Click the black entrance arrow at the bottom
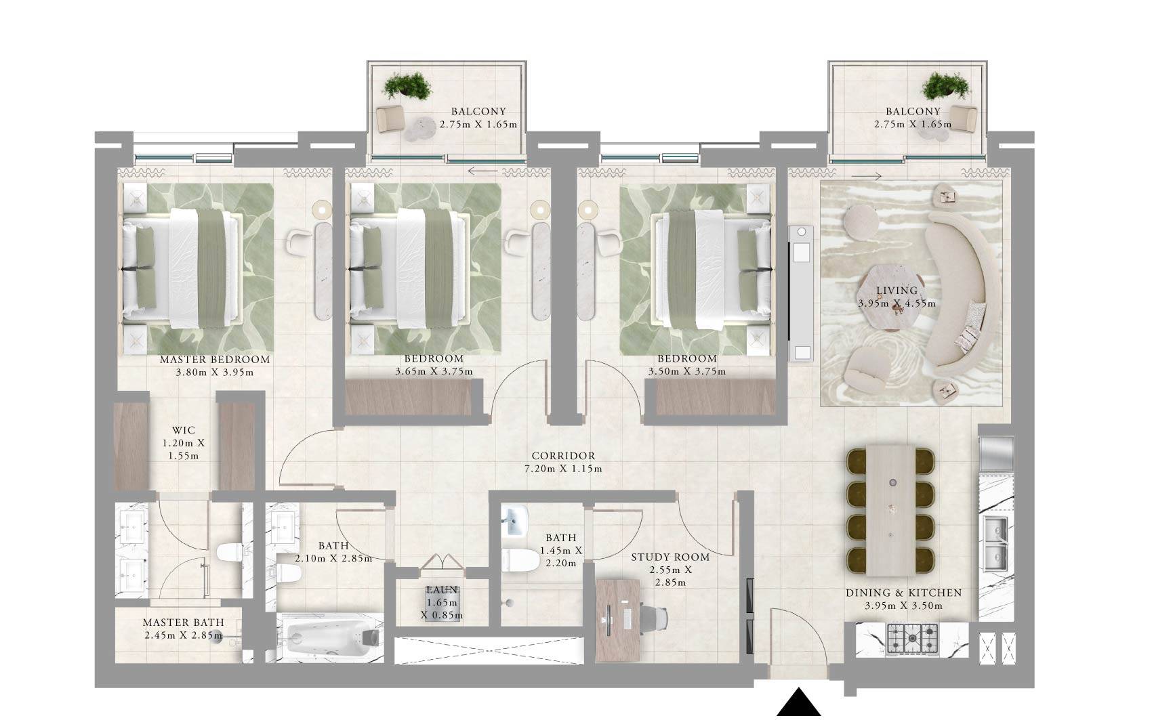pyautogui.click(x=799, y=704)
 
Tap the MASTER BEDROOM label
pyautogui.click(x=215, y=360)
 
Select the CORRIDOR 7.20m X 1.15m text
pyautogui.click(x=563, y=462)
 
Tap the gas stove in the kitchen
pyautogui.click(x=913, y=638)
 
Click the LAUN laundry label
pyautogui.click(x=442, y=590)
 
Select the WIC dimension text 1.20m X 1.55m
pyautogui.click(x=183, y=449)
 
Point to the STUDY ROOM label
pyautogui.click(x=670, y=557)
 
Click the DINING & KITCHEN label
pyautogui.click(x=903, y=593)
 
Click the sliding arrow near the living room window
pyautogui.click(x=867, y=176)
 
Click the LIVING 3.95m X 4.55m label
pyautogui.click(x=896, y=297)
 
